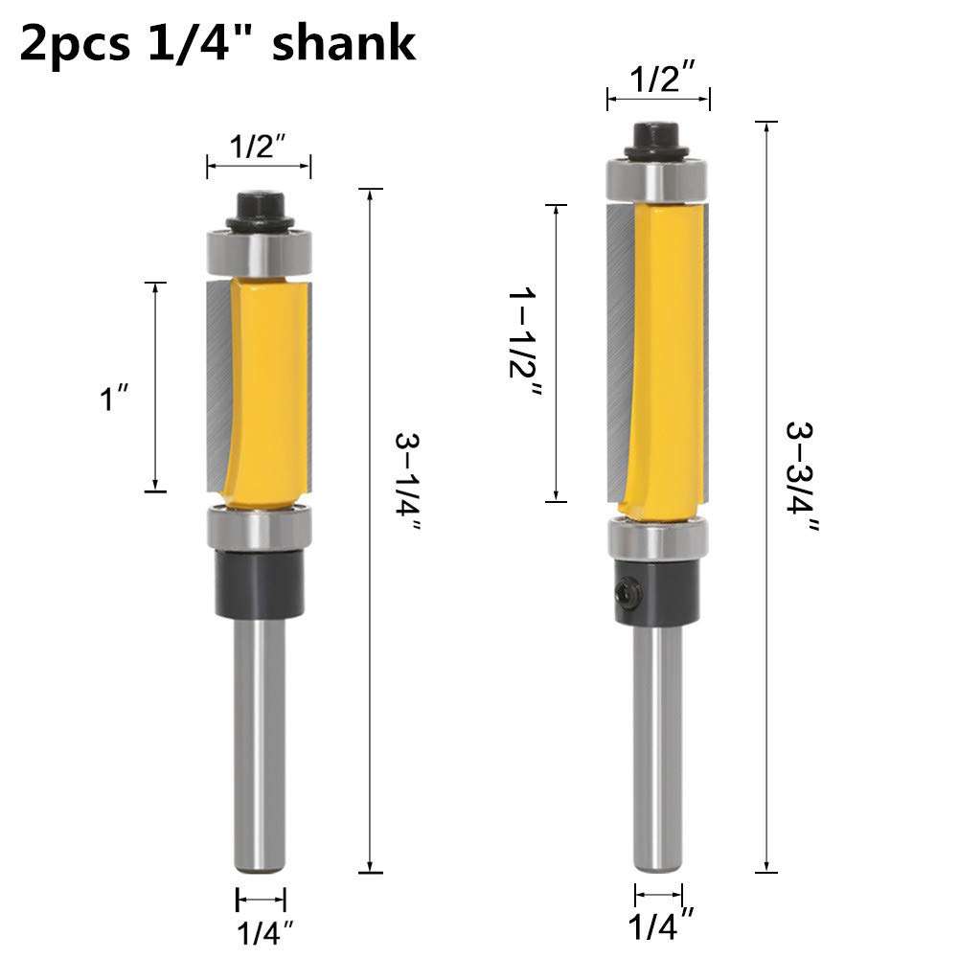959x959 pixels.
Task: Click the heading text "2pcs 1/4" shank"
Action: click(x=217, y=44)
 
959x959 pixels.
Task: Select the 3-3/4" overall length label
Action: click(x=802, y=476)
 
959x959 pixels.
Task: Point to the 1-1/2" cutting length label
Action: click(x=526, y=351)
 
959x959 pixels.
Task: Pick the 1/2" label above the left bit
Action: click(x=259, y=147)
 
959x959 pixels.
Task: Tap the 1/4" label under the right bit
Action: click(x=660, y=926)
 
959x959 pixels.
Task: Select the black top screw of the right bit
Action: click(x=657, y=138)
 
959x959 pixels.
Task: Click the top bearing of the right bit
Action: click(x=657, y=180)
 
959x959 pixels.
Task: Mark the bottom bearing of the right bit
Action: click(x=657, y=539)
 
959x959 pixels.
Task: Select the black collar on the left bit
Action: click(x=260, y=583)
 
